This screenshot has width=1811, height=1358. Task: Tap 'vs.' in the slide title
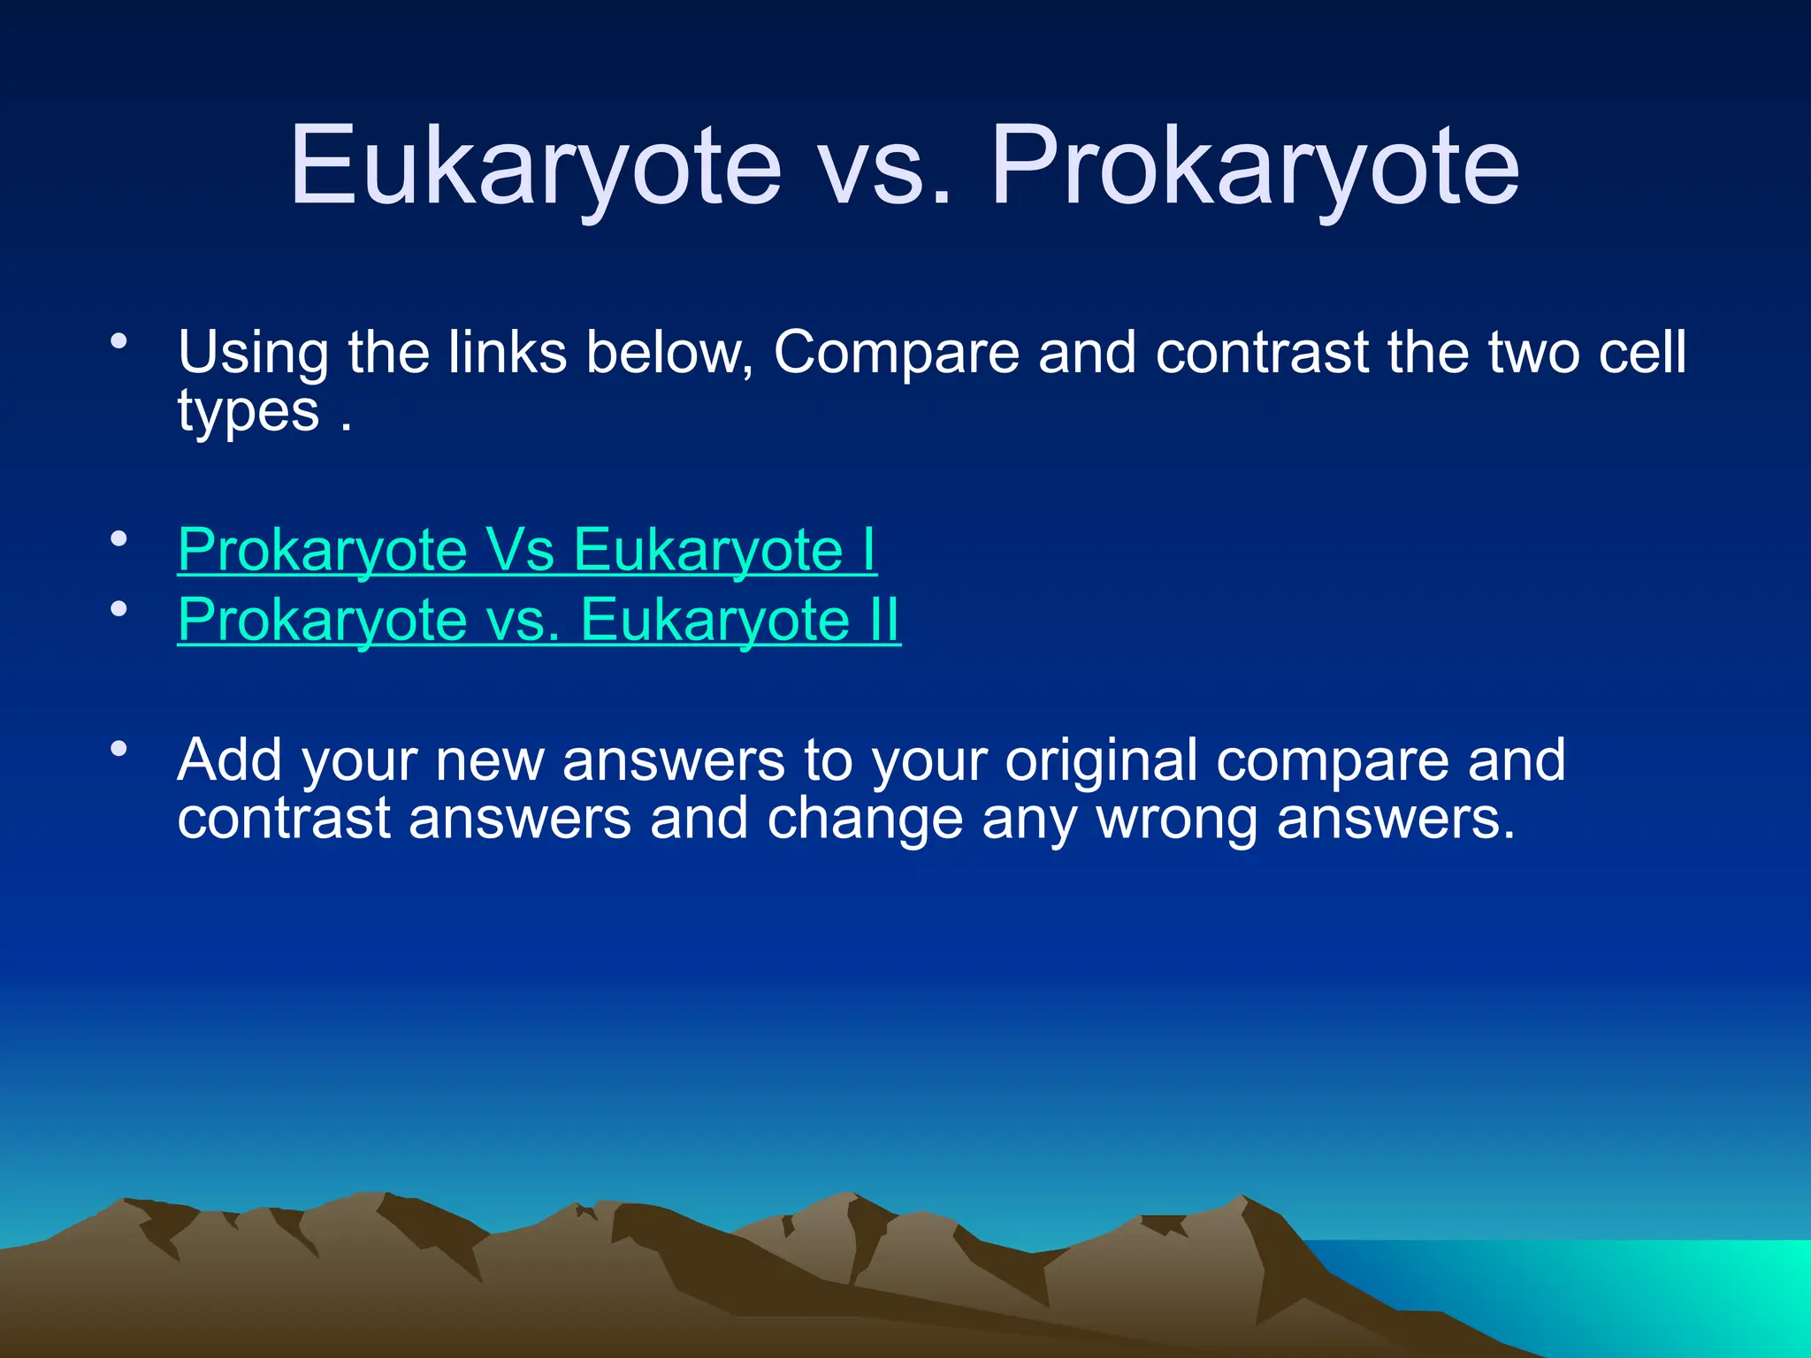tap(886, 168)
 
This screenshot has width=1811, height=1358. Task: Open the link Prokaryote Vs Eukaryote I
tap(527, 550)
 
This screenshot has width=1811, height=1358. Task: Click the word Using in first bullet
tap(253, 354)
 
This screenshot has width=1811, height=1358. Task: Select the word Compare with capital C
tap(897, 354)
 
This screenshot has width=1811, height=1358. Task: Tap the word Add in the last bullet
tap(229, 759)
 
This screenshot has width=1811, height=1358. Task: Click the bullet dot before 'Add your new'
tap(119, 750)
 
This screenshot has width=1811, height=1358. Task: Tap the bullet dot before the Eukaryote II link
tap(119, 609)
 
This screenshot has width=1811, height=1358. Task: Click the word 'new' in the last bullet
tap(489, 761)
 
